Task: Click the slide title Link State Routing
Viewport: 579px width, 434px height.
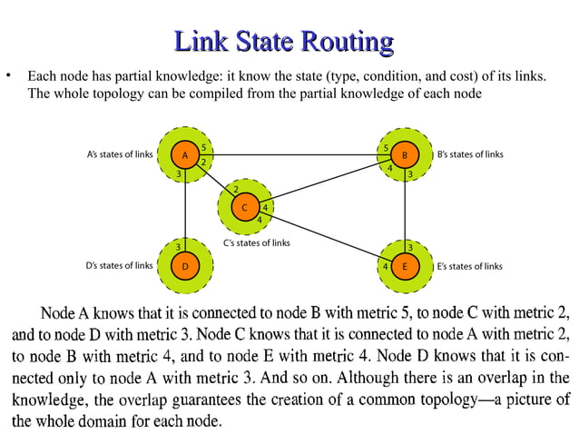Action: pos(283,42)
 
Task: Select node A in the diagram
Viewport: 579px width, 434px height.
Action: pos(185,155)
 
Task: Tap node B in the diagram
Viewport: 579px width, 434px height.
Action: pos(404,155)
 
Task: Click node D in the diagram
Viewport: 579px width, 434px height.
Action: pos(185,267)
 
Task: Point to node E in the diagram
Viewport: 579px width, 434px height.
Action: pos(405,267)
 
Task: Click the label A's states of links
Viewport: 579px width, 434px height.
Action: pos(119,155)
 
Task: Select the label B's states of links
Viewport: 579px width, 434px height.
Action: pos(469,155)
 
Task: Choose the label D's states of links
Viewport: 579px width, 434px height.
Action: pos(119,267)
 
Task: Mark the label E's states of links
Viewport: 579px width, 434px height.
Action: pos(469,267)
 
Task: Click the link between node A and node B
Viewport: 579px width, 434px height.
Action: pos(295,155)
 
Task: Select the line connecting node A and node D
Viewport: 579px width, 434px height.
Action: pos(185,209)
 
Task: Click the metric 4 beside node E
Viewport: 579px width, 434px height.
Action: pos(386,267)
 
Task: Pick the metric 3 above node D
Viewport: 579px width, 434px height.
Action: pos(179,247)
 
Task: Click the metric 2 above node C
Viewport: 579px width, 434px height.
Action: pos(236,189)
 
